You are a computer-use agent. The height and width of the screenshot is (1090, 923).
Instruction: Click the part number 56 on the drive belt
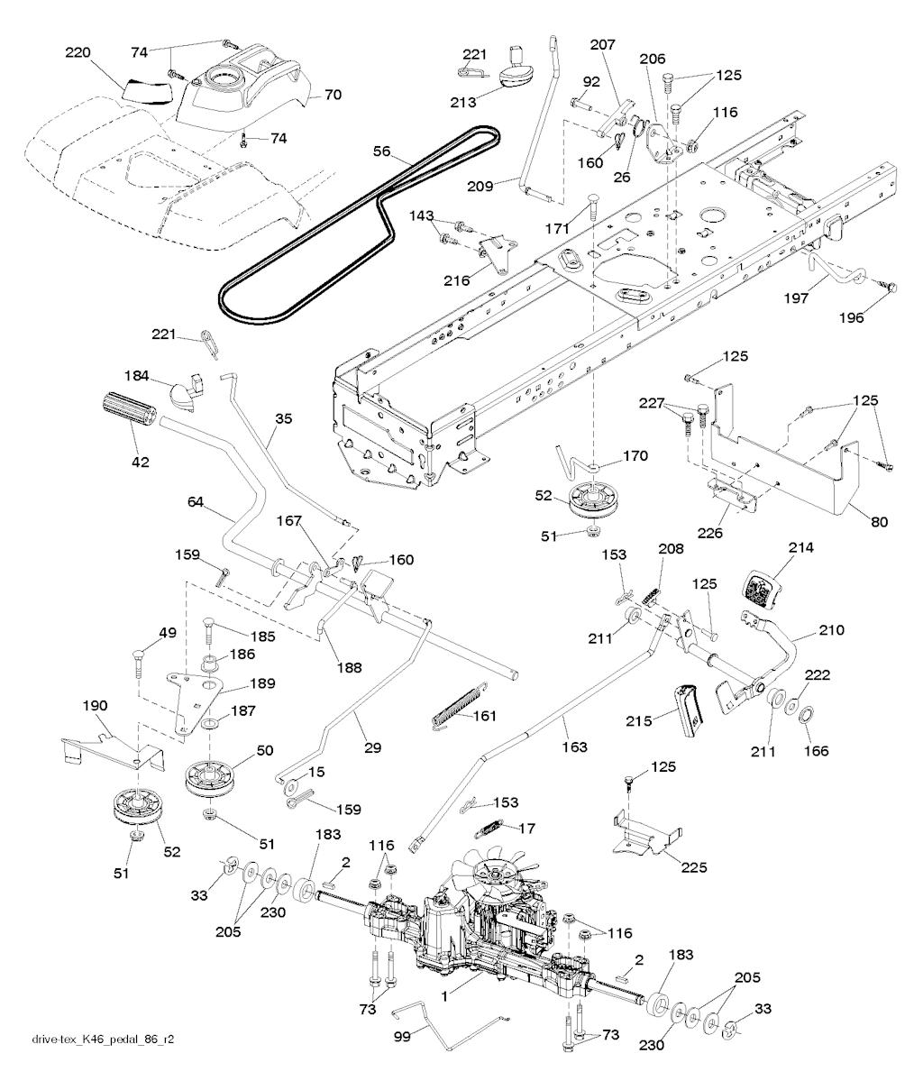pos(382,152)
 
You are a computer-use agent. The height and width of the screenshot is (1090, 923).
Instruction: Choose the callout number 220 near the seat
pos(79,54)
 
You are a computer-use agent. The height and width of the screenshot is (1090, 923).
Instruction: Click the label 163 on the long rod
pos(574,747)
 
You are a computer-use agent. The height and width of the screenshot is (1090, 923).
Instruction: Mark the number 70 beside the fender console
pos(333,93)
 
